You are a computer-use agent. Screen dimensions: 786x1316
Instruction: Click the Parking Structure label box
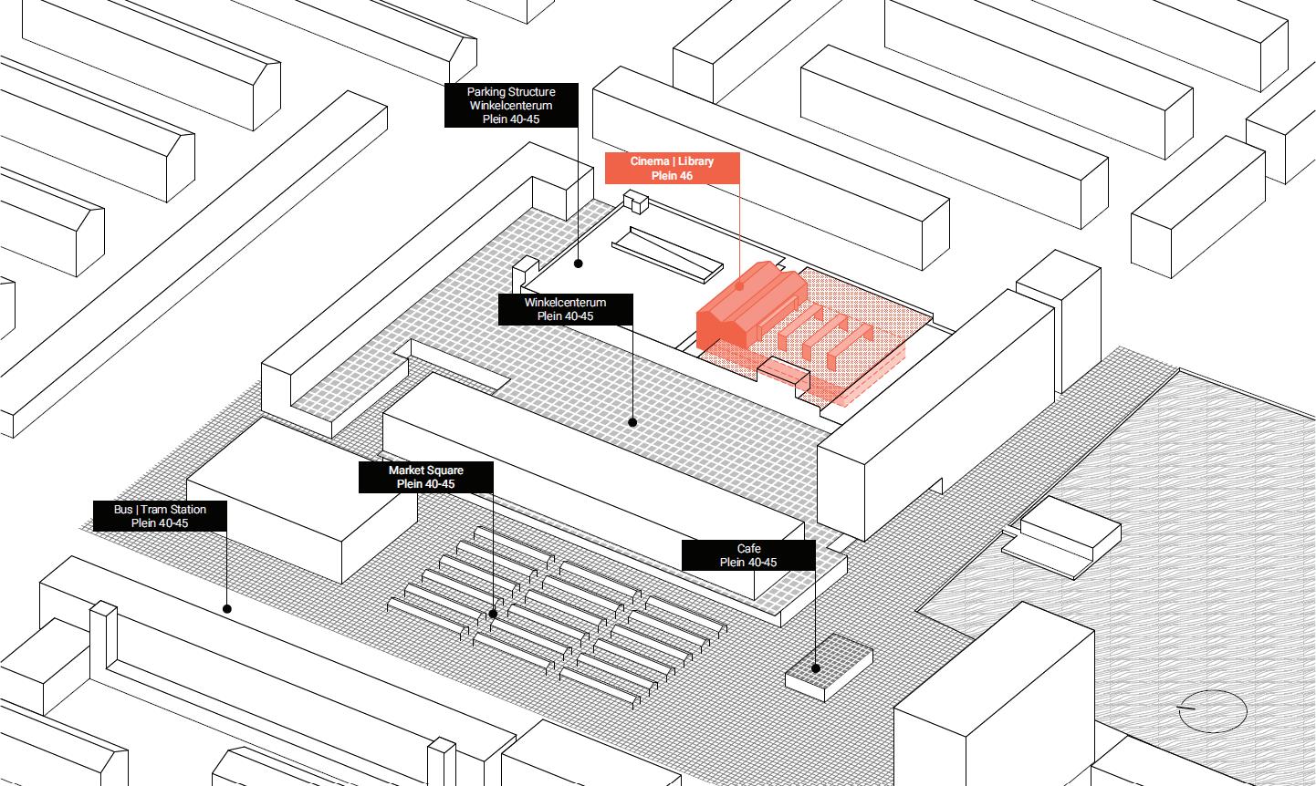click(511, 105)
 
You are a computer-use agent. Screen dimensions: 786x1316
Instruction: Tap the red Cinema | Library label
click(672, 168)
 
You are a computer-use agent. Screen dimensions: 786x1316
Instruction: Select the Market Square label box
click(425, 477)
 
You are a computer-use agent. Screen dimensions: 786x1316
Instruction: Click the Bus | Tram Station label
click(160, 516)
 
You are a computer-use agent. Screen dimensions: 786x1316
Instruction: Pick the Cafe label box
click(748, 555)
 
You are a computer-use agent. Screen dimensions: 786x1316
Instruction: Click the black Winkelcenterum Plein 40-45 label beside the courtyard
click(565, 309)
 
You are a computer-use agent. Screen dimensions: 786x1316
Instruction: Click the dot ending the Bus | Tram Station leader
click(226, 608)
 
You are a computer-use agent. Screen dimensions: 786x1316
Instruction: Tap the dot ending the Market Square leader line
click(493, 614)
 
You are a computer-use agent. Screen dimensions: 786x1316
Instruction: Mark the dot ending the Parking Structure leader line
click(578, 264)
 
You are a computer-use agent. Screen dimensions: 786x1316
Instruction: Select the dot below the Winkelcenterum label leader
click(632, 422)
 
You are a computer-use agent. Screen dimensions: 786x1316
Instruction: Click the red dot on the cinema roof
click(740, 285)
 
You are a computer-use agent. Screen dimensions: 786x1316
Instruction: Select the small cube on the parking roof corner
click(633, 202)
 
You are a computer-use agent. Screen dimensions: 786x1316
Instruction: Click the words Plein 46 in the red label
click(672, 176)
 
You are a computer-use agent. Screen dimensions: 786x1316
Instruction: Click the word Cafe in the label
click(748, 549)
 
